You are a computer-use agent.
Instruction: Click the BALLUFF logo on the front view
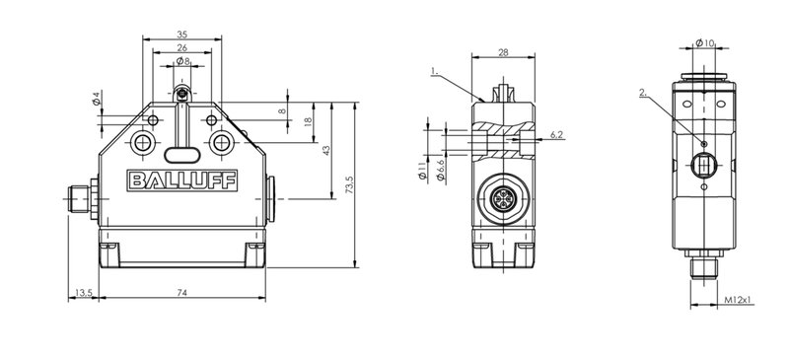[x=181, y=180]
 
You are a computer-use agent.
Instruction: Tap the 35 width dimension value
[x=182, y=35]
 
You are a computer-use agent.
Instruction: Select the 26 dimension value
[x=182, y=47]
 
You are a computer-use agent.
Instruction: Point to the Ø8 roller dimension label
[x=182, y=61]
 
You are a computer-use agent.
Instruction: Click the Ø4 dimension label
[x=97, y=99]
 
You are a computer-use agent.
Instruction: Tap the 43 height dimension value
[x=326, y=151]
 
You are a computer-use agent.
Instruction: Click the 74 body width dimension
[x=182, y=293]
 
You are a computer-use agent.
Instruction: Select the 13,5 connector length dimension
[x=84, y=293]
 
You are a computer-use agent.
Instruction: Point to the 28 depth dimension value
[x=503, y=52]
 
